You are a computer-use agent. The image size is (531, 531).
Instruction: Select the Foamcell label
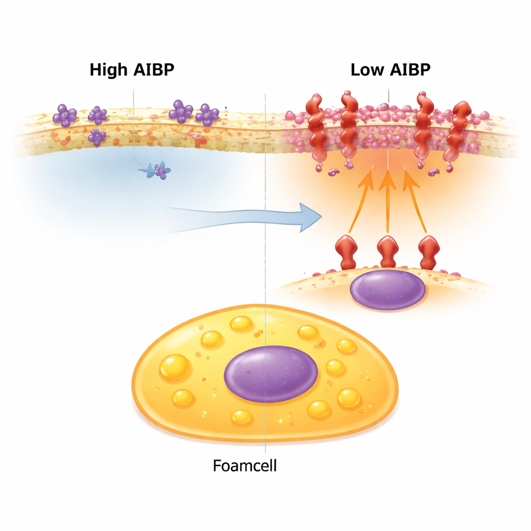pyautogui.click(x=245, y=465)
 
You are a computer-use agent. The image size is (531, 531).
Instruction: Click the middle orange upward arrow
pyautogui.click(x=386, y=200)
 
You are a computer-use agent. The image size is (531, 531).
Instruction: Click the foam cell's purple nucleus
pyautogui.click(x=271, y=373)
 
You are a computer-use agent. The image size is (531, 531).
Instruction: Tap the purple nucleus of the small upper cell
pyautogui.click(x=388, y=289)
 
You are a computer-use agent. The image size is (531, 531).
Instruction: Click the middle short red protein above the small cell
pyautogui.click(x=388, y=251)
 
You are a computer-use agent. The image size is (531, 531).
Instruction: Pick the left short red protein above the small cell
pyautogui.click(x=347, y=251)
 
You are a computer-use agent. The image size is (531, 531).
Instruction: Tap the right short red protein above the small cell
pyautogui.click(x=428, y=251)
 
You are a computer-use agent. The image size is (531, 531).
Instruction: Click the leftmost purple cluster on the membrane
pyautogui.click(x=65, y=115)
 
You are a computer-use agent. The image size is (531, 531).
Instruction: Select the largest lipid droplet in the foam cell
pyautogui.click(x=175, y=367)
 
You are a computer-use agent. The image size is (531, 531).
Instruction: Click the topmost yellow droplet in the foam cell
pyautogui.click(x=241, y=324)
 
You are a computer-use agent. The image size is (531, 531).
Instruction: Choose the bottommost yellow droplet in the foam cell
pyautogui.click(x=241, y=416)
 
